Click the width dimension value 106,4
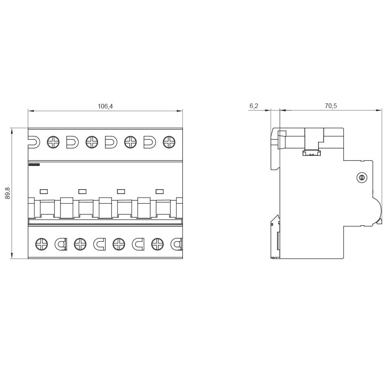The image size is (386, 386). pos(105,106)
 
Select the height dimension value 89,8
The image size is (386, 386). pos(8,193)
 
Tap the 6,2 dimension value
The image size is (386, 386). pos(254,106)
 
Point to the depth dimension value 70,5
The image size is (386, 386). pos(330,106)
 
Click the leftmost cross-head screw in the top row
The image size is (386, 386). pos(53,142)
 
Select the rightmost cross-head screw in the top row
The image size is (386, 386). pos(169,142)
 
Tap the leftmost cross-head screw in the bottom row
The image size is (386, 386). pos(42,244)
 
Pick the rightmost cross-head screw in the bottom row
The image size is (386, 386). pos(157,244)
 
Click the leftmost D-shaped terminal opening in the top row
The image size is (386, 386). pos(33,142)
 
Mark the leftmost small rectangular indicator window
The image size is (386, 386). pos(44,191)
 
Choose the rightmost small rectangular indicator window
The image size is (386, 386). pos(159,191)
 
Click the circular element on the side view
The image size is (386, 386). pos(362,178)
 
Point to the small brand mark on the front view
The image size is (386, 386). pos(34,165)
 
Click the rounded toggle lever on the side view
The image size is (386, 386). pos(377,210)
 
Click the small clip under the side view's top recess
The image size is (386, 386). pos(312,153)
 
